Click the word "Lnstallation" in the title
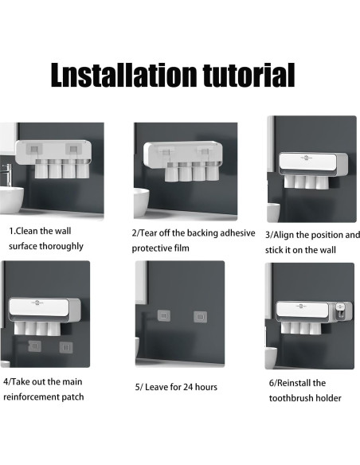[123, 75]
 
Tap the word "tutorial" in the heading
[248, 75]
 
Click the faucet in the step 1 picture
[6, 174]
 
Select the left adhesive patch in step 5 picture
[164, 315]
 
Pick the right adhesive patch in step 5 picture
[200, 317]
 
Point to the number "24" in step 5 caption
[187, 387]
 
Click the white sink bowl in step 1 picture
[11, 199]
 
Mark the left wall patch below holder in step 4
[35, 346]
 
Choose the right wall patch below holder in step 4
[66, 348]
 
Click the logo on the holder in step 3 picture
[307, 158]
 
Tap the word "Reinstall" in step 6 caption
[297, 383]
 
